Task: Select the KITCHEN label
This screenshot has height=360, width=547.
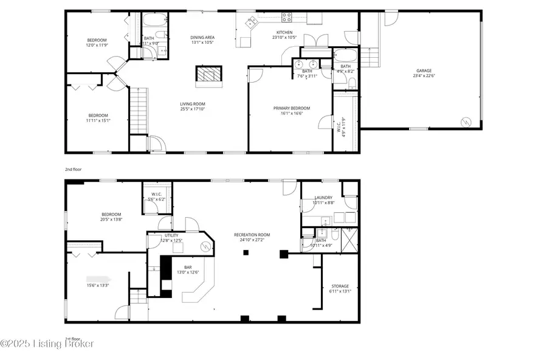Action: (284, 32)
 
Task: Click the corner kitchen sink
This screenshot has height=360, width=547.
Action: (250, 22)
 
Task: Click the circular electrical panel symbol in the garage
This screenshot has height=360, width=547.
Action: (466, 121)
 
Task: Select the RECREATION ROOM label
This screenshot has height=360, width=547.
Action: (252, 234)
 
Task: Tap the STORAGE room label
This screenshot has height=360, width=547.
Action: (340, 286)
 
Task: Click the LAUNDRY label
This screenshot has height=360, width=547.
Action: (323, 197)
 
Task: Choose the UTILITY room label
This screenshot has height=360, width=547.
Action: (171, 235)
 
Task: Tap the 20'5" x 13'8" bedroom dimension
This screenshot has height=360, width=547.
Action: (111, 220)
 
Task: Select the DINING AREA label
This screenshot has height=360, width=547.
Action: (202, 37)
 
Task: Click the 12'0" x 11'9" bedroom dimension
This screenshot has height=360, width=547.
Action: (97, 45)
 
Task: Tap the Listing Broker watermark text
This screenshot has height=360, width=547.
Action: (47, 344)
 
